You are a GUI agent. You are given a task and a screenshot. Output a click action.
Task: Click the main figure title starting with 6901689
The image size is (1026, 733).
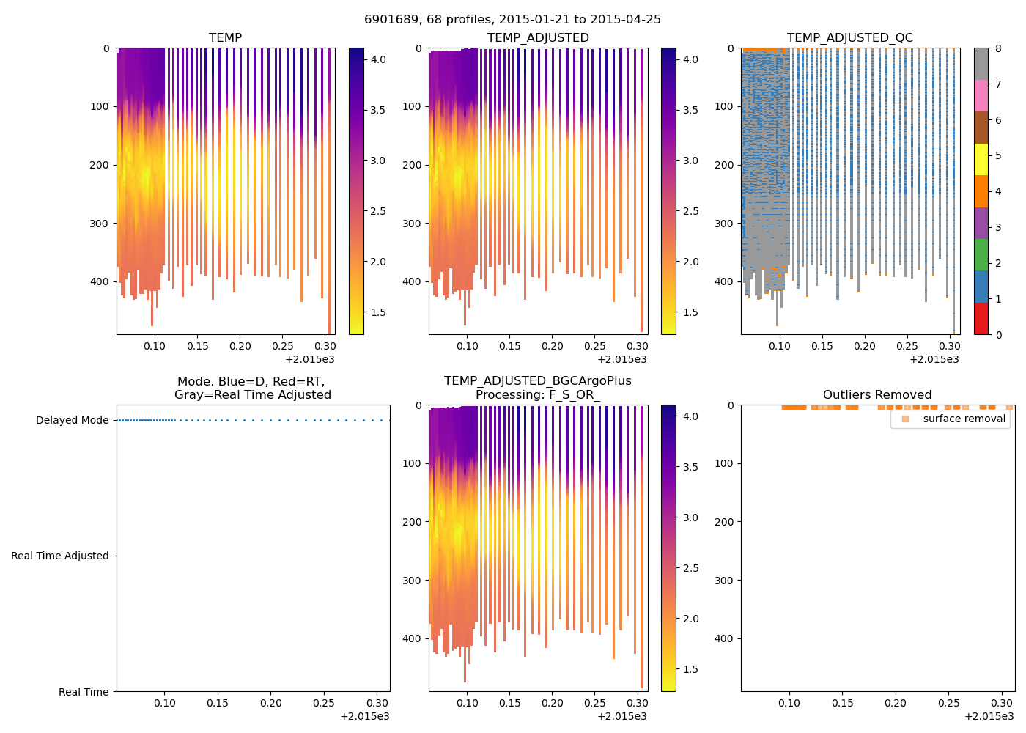point(512,20)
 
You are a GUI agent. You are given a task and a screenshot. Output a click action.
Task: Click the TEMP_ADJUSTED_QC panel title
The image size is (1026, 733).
point(849,38)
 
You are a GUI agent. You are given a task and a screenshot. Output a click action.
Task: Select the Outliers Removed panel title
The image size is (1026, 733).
point(876,395)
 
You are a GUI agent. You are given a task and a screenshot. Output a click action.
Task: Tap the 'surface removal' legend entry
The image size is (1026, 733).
point(964,419)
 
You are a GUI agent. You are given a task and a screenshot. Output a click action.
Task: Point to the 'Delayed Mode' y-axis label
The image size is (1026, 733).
point(72,421)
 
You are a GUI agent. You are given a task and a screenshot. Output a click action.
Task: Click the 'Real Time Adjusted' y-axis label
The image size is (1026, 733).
point(60,556)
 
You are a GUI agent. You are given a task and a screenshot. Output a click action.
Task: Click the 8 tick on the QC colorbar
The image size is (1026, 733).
point(998,48)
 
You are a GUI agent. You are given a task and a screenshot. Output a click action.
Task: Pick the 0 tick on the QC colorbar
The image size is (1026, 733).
point(998,335)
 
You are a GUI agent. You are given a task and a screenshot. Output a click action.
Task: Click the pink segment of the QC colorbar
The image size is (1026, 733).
point(981,95)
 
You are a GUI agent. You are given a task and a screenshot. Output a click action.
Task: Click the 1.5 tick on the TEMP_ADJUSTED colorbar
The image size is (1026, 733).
point(690,312)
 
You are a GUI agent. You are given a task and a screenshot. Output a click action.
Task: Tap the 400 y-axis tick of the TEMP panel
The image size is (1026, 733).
point(100,282)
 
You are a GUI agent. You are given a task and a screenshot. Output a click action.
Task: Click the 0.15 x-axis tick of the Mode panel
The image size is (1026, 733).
point(218,703)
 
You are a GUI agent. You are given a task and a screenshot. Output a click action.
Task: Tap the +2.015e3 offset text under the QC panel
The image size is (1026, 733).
point(934,359)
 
